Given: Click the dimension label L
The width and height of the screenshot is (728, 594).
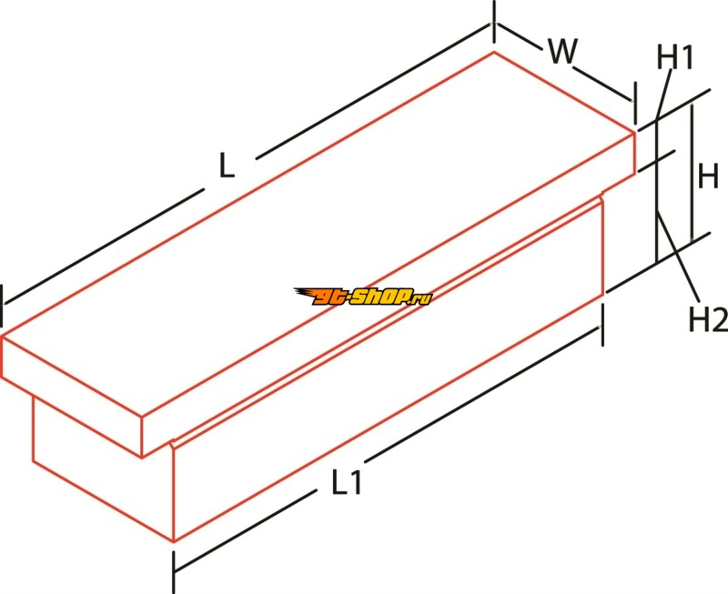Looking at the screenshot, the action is [x=226, y=166].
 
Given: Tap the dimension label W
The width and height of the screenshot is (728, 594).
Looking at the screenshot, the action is [x=562, y=51].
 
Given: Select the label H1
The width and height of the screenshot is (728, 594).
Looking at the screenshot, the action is [x=674, y=57].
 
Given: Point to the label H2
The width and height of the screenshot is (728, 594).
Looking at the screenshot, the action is [x=708, y=319].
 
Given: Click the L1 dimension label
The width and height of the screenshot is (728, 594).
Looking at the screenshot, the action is [x=347, y=482].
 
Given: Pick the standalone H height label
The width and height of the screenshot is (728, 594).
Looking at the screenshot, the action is [x=709, y=176].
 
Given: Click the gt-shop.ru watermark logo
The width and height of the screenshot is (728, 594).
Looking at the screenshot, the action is [x=362, y=297].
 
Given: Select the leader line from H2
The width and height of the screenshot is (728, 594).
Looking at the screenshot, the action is [x=678, y=257].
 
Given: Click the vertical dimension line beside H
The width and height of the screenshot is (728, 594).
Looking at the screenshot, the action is [x=692, y=173].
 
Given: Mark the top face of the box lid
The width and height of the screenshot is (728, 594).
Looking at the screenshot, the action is [x=318, y=233].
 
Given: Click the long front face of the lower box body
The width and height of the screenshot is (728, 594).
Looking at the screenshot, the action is [x=389, y=370].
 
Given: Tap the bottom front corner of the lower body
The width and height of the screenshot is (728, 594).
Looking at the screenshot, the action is [x=174, y=541].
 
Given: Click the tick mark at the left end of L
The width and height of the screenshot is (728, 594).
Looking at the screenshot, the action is [x=3, y=307].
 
